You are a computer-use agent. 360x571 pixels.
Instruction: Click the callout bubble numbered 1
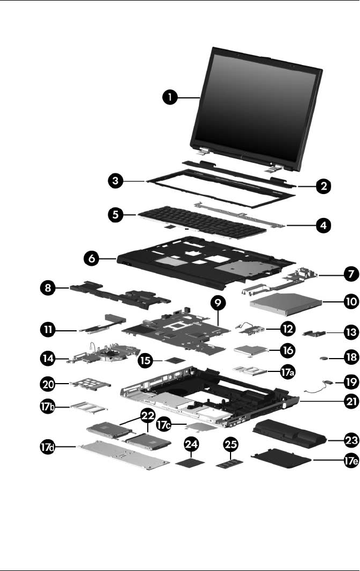(171, 98)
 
